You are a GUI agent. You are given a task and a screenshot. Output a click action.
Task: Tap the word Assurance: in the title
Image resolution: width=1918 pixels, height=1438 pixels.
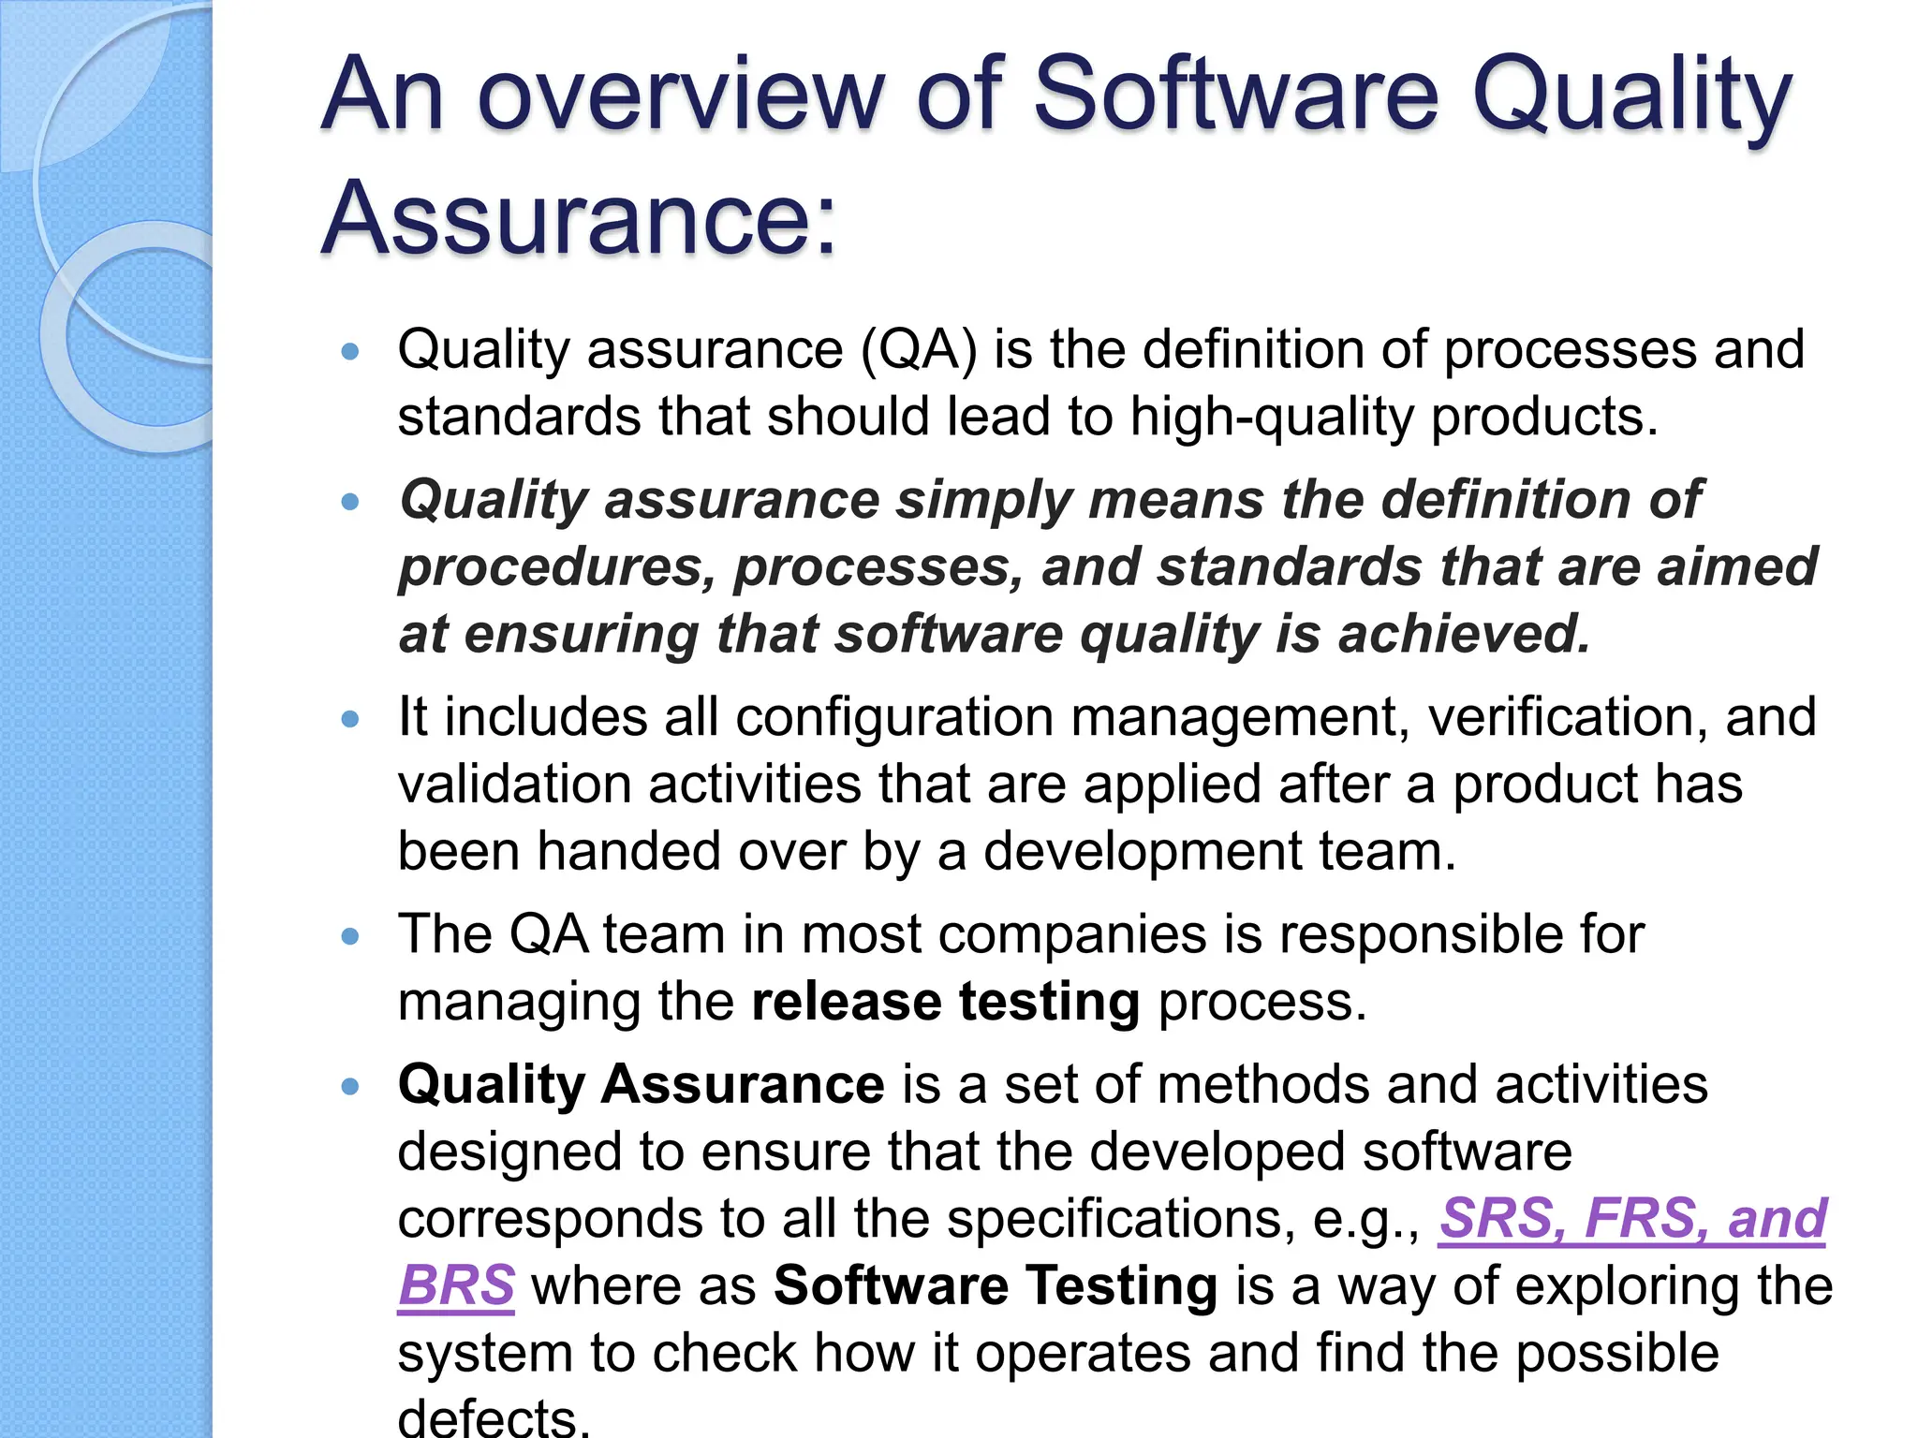point(578,218)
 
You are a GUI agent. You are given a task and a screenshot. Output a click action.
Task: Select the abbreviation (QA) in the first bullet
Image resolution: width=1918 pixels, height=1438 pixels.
point(919,350)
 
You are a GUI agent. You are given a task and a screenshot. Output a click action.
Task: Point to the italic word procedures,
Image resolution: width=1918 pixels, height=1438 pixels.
point(558,567)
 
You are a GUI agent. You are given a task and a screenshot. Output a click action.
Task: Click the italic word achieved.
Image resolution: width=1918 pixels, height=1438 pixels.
point(1465,634)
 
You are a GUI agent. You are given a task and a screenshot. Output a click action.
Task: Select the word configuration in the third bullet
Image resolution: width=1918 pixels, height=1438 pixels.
point(894,717)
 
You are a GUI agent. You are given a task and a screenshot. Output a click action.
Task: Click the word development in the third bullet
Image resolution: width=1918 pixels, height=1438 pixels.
point(1143,852)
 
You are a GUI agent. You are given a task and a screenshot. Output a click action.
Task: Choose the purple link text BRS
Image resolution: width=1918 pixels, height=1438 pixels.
point(456,1285)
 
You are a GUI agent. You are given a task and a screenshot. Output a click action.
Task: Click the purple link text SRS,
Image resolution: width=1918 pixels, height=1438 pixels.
point(1502,1218)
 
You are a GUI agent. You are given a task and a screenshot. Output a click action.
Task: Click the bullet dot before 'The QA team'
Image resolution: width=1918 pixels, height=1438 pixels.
point(350,935)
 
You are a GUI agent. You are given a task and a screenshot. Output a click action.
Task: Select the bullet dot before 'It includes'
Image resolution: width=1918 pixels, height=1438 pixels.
point(350,719)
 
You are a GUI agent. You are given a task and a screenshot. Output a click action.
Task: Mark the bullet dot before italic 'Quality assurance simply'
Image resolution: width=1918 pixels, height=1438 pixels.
point(350,502)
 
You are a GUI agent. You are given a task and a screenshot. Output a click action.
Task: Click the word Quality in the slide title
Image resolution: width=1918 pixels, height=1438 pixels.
point(1631,95)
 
